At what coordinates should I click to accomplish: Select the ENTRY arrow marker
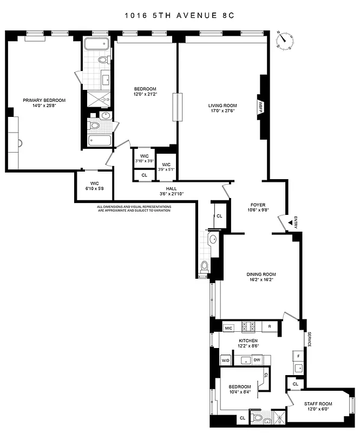tap(289, 221)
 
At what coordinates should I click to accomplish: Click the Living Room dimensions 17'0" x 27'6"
tap(224, 111)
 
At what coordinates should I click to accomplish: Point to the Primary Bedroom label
tap(44, 100)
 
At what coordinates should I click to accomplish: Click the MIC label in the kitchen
tap(229, 327)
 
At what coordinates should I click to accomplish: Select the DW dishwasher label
tap(258, 360)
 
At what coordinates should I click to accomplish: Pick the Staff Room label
tap(318, 403)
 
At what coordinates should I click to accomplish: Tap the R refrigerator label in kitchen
tap(270, 327)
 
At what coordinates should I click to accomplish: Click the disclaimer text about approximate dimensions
tap(134, 208)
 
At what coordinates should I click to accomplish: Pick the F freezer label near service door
tap(298, 356)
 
